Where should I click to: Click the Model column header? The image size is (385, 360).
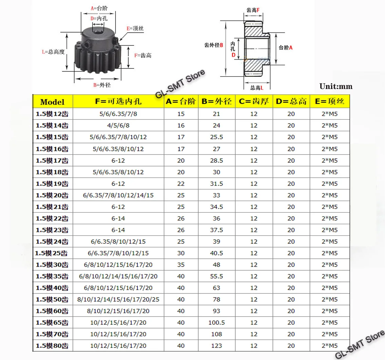52,102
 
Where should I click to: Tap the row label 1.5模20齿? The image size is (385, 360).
52,195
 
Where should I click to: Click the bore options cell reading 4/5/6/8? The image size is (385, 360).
118,126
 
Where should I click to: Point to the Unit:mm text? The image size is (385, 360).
336,87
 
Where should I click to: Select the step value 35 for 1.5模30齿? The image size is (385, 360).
181,265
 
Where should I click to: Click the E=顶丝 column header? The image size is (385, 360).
329,102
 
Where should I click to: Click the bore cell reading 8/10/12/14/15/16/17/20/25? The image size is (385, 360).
118,300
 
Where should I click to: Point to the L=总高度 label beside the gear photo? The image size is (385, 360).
53,52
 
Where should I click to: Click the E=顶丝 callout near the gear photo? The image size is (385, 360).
135,29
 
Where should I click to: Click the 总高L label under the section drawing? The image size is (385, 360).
257,87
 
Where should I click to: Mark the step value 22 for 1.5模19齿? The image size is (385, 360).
181,184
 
